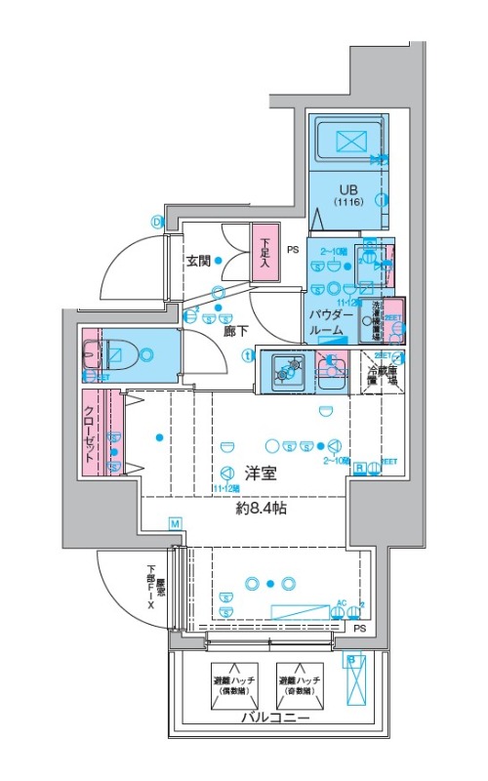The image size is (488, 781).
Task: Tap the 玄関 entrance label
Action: (199, 261)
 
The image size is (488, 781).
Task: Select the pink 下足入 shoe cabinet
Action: (264, 256)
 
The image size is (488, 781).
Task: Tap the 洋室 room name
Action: (260, 474)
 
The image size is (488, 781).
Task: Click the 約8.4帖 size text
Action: (260, 508)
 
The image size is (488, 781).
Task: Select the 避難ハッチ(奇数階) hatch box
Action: (299, 685)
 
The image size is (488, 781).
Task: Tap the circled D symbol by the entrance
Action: (155, 221)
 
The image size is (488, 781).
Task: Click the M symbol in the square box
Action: (175, 524)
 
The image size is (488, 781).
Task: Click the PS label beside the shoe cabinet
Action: (292, 250)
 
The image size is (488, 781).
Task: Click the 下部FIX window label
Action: (154, 589)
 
